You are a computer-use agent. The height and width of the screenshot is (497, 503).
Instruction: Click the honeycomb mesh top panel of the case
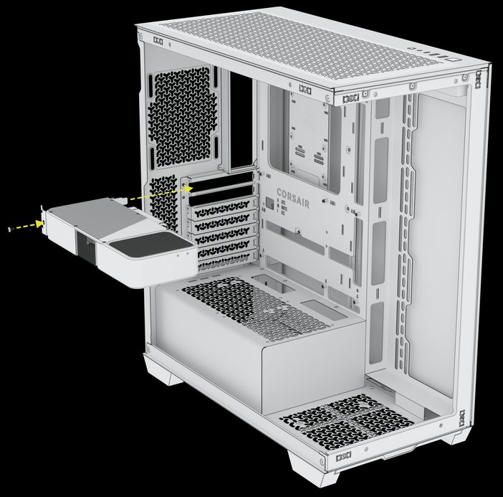[287, 36]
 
